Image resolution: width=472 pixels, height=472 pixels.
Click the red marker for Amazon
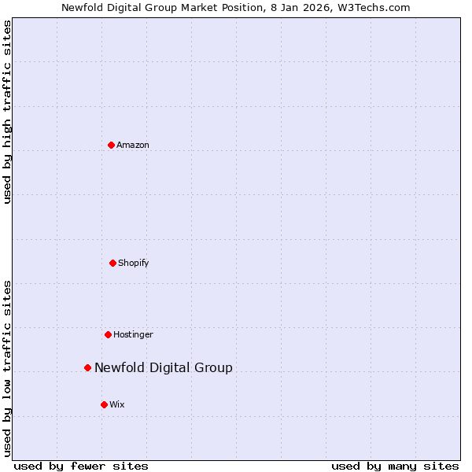coord(111,145)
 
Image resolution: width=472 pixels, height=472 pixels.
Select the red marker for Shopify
coord(112,263)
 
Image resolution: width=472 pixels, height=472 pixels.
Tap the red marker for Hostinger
coord(108,334)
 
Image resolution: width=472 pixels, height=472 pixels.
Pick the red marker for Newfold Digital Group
coord(87,367)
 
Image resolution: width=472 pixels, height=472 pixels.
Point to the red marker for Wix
coord(104,404)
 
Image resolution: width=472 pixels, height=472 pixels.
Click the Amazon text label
coord(133,145)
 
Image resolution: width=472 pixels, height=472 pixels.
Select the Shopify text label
coord(134,263)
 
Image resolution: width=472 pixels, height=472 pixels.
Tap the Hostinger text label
coord(133,334)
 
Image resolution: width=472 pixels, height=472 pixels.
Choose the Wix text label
coord(117,404)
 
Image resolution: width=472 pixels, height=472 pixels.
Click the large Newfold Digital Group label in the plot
coord(164,367)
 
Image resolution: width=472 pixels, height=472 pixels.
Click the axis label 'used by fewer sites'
coord(81,466)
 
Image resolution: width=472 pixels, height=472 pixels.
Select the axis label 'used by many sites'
coord(395,466)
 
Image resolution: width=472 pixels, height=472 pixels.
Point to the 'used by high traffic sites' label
coord(7,112)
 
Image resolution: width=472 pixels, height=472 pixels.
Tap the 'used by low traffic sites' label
coord(7,368)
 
